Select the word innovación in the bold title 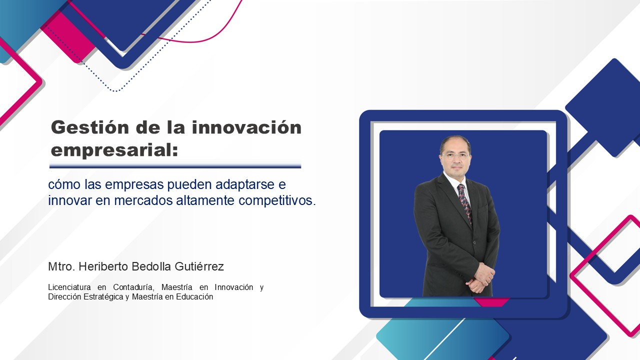[x=246, y=127]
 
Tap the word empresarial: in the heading [x=114, y=150]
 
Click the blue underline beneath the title [x=175, y=165]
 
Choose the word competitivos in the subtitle [x=275, y=200]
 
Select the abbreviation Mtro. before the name [x=61, y=266]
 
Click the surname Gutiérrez [x=199, y=266]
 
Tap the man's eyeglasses [x=455, y=156]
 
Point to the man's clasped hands [x=480, y=277]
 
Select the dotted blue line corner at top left [x=115, y=91]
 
